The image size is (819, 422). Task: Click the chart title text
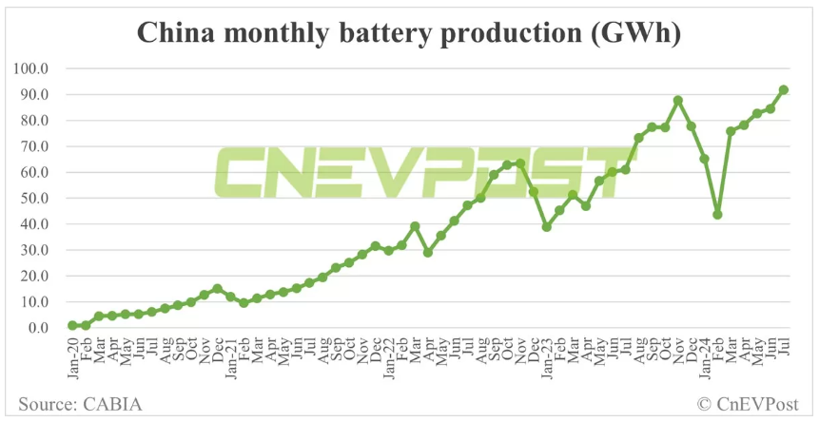[409, 30]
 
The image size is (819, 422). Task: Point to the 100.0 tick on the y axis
[30, 68]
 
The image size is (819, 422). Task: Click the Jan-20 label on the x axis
[72, 355]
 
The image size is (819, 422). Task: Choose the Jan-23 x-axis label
[546, 355]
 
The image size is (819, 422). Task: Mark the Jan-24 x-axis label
[704, 355]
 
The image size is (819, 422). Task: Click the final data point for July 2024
[783, 90]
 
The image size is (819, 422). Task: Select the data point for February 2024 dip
[717, 214]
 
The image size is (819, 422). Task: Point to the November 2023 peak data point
[678, 100]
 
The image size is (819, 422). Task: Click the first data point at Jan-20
[72, 325]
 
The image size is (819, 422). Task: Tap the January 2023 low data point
[546, 226]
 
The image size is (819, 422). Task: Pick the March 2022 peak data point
[415, 226]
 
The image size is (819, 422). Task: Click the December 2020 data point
[217, 288]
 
